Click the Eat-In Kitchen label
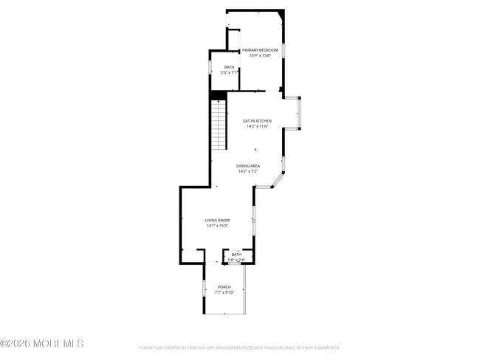pyautogui.click(x=257, y=121)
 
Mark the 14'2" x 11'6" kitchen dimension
pyautogui.click(x=257, y=126)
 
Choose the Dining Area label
pyautogui.click(x=248, y=166)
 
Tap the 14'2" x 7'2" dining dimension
pyautogui.click(x=248, y=171)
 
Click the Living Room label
pyautogui.click(x=217, y=220)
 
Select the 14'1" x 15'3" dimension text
pyautogui.click(x=217, y=225)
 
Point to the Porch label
pyautogui.click(x=224, y=287)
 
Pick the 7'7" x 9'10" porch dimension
pyautogui.click(x=224, y=292)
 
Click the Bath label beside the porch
pyautogui.click(x=236, y=255)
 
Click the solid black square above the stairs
pyautogui.click(x=218, y=94)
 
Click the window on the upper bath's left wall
pyautogui.click(x=210, y=69)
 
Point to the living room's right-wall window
pyautogui.click(x=254, y=214)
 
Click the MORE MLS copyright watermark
pyautogui.click(x=42, y=344)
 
